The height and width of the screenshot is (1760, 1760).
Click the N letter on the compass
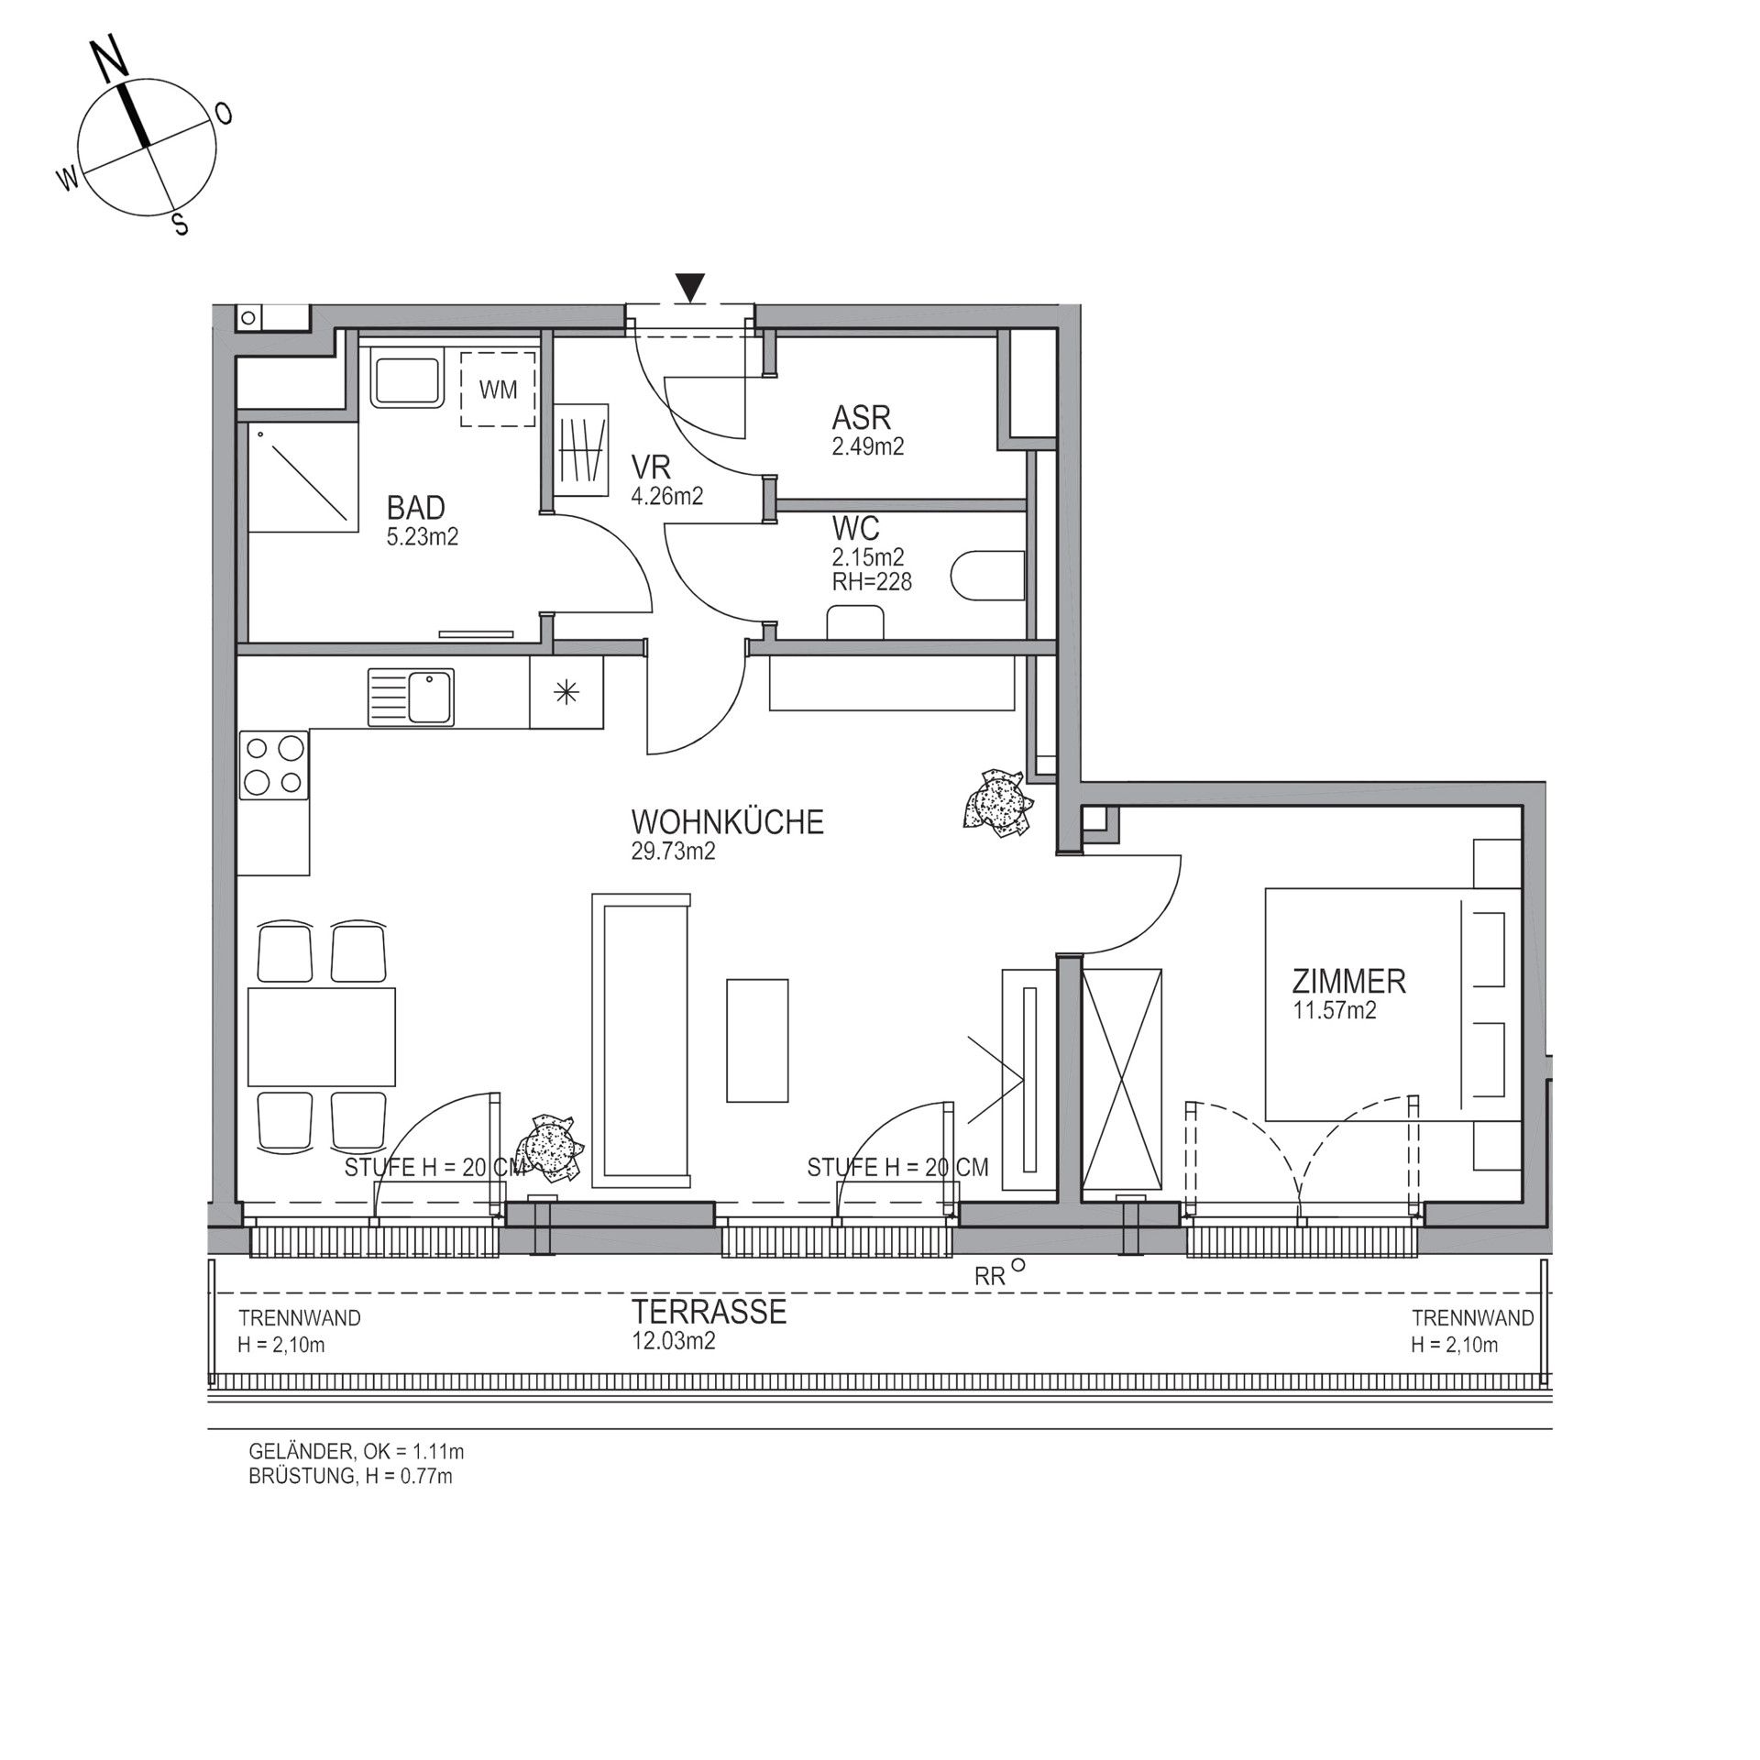click(x=112, y=60)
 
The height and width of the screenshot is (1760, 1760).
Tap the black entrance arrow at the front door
click(x=690, y=288)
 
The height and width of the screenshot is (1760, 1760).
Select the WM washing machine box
click(x=498, y=389)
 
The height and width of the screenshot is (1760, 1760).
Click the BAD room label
click(x=415, y=507)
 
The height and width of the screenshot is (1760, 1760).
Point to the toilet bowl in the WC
click(x=987, y=576)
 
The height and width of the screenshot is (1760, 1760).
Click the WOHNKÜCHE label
click(x=727, y=821)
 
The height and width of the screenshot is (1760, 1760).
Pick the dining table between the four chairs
click(x=322, y=1037)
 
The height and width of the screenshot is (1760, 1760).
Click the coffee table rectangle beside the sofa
click(x=757, y=1039)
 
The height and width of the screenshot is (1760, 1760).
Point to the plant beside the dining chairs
click(x=550, y=1146)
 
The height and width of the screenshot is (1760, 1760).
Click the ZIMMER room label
click(x=1348, y=982)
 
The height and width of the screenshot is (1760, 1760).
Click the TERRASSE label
click(x=709, y=1313)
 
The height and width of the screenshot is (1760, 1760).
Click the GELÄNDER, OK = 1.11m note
click(x=357, y=1452)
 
